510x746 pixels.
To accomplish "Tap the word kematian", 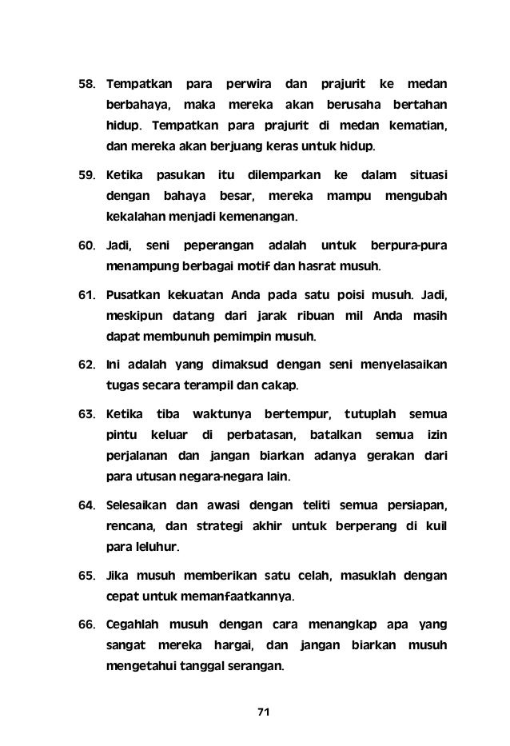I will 416,126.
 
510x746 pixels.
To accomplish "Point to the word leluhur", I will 159,549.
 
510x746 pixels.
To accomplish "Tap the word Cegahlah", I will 132,623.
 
